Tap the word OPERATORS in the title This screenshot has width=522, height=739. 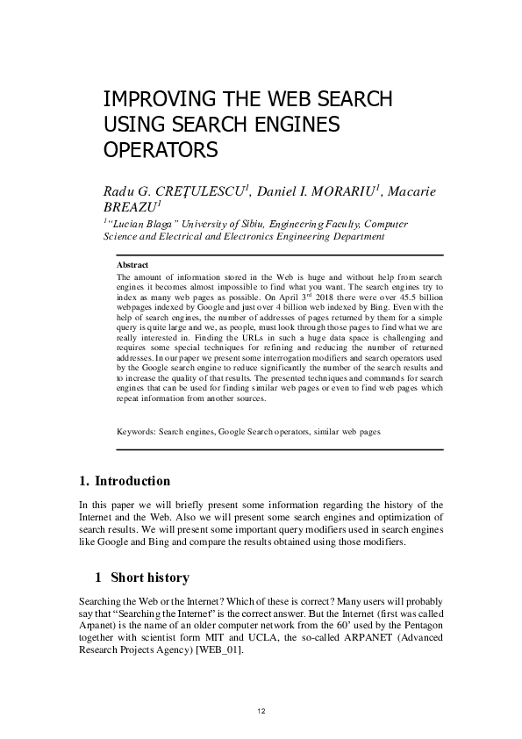click(x=161, y=149)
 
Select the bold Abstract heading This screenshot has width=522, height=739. click(x=132, y=265)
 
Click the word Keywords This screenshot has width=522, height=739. click(x=136, y=433)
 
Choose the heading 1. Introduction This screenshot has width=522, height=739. click(x=125, y=481)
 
